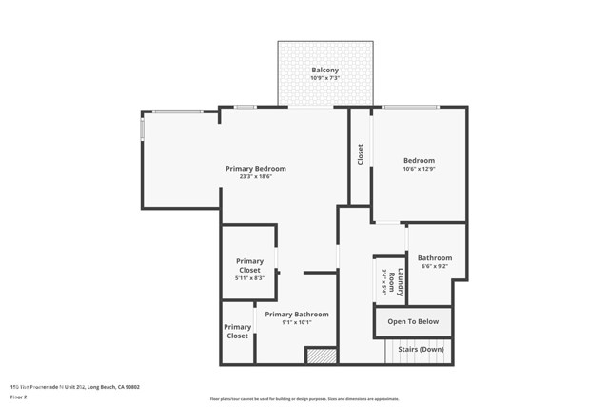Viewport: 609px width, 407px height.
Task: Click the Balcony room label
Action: (324, 71)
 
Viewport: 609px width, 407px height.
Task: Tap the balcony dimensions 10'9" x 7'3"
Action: (324, 79)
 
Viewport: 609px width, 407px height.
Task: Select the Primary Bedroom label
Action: (255, 169)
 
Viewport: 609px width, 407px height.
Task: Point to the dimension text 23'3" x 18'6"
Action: (255, 177)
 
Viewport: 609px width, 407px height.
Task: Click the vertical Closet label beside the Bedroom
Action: (361, 153)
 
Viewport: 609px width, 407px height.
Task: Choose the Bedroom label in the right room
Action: (419, 160)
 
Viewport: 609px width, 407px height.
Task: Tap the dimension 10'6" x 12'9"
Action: (419, 169)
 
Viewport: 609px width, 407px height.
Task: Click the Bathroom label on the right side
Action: (435, 257)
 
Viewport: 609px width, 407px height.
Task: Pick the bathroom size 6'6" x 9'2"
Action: (435, 266)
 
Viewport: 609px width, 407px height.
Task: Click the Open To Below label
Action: (413, 322)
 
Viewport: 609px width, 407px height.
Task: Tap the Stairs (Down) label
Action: (420, 350)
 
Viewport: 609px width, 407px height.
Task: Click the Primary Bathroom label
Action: (297, 315)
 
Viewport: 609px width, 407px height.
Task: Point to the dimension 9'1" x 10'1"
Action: (297, 323)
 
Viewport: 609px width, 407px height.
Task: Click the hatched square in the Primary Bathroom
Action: (322, 356)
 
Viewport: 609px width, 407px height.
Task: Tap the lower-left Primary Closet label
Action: (237, 332)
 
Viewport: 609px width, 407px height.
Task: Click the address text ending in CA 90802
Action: (75, 387)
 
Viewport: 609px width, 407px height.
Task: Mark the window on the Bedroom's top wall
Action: (409, 107)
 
